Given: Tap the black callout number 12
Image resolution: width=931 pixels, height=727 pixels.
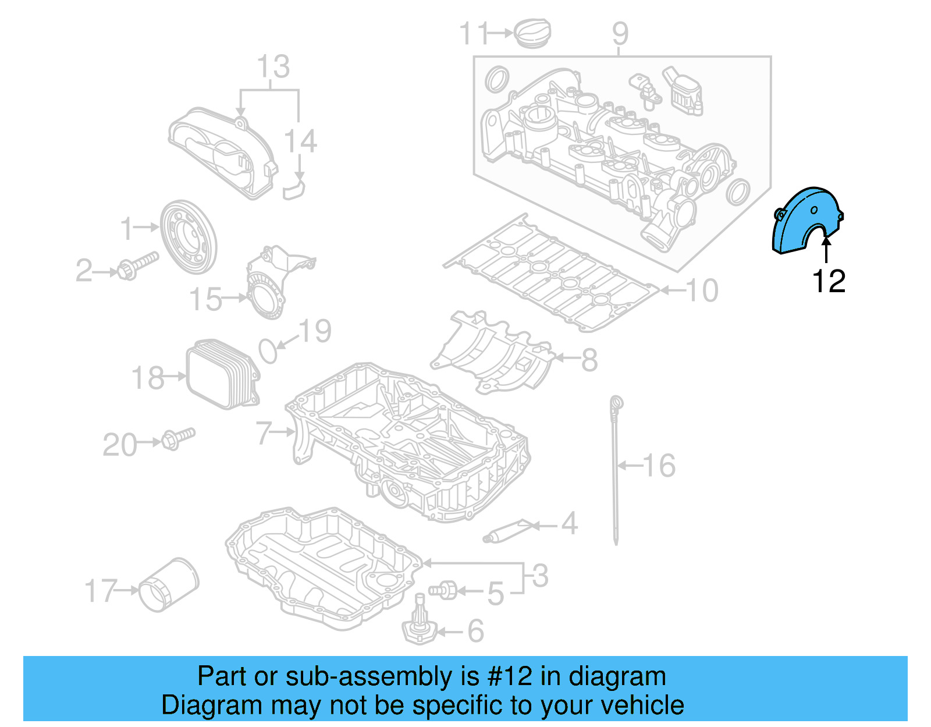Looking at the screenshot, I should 828,282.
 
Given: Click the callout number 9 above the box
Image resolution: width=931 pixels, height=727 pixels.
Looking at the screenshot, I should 620,34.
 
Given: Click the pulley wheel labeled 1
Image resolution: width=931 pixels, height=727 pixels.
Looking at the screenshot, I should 188,236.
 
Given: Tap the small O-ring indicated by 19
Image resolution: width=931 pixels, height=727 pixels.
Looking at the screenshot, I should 268,350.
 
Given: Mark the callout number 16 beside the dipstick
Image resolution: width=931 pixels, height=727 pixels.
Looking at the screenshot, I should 659,466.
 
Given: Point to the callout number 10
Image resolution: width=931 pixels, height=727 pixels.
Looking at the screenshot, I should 702,290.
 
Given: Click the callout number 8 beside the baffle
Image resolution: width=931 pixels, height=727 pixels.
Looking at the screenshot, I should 589,360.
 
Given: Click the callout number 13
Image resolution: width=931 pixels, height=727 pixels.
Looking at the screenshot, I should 272,67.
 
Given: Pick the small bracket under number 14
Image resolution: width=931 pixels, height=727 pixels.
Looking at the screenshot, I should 295,189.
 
